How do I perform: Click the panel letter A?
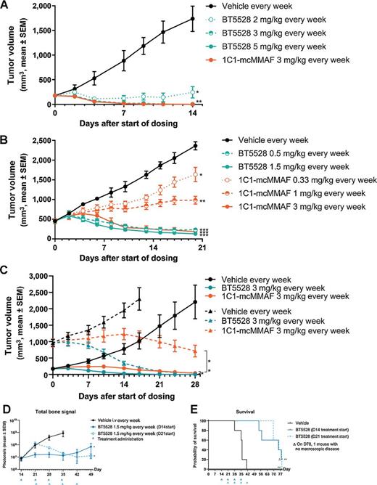(x=5, y=5)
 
